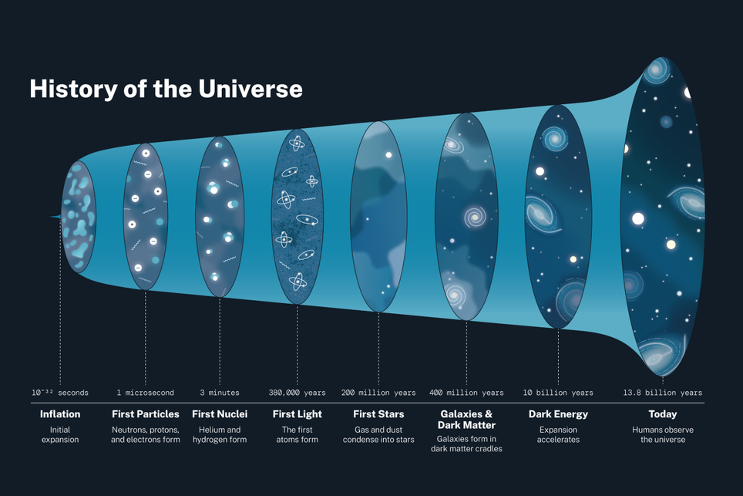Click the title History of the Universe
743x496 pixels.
(166, 89)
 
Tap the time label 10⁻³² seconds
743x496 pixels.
(60, 393)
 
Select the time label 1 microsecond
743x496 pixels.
(145, 393)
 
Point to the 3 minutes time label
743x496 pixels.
(220, 393)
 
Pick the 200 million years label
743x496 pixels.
(378, 393)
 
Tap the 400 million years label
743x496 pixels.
(466, 393)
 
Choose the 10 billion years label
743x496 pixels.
(558, 393)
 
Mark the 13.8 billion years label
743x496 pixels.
(663, 393)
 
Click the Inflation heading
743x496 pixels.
(60, 414)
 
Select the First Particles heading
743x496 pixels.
(145, 414)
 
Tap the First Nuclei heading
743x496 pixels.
(220, 414)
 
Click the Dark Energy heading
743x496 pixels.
(558, 414)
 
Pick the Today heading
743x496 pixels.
(663, 414)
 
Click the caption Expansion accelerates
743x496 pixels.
(558, 434)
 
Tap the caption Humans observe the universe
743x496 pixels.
(663, 434)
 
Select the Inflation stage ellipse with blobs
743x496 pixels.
(77, 218)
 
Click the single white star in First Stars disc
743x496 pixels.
(388, 155)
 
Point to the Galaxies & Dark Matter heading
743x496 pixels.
(466, 420)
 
